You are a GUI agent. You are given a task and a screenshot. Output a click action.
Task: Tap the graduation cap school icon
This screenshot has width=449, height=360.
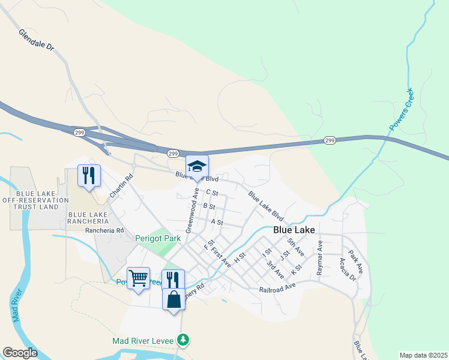[x=197, y=167]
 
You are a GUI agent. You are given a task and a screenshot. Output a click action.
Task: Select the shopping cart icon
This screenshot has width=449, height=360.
[x=139, y=278]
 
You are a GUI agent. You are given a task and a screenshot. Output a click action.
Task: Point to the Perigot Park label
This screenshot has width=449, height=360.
[x=157, y=238]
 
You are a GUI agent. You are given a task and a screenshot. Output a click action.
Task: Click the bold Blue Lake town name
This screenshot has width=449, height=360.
[x=294, y=230]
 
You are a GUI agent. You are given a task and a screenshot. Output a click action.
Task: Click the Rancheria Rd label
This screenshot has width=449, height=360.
[x=104, y=230]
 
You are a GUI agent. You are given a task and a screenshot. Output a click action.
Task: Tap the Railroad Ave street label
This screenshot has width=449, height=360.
[x=278, y=289]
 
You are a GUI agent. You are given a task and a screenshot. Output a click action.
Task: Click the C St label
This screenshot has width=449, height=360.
[x=211, y=193]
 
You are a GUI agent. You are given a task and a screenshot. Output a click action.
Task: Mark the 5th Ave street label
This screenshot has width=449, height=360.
[x=295, y=246]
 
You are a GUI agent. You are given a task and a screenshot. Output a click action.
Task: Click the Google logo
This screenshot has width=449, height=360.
[x=20, y=353]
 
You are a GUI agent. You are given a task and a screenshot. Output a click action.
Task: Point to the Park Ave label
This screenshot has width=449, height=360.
[x=356, y=259]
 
